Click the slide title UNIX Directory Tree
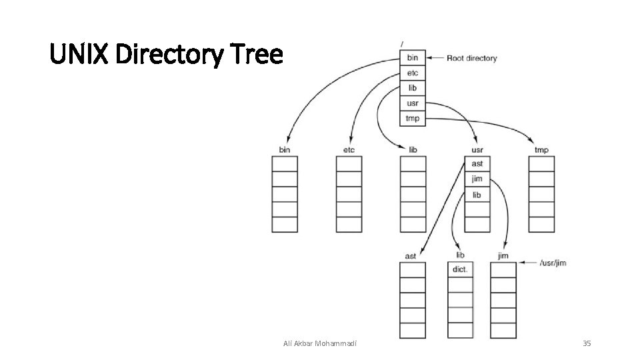click(x=167, y=54)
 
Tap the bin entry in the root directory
click(x=412, y=58)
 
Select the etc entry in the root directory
click(x=412, y=73)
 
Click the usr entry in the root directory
click(x=412, y=103)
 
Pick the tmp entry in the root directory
click(x=412, y=119)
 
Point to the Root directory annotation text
click(x=471, y=58)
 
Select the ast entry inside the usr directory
click(x=477, y=164)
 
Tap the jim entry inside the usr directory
click(x=477, y=179)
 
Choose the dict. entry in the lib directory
click(x=459, y=270)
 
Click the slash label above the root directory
click(x=401, y=43)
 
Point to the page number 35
click(x=587, y=343)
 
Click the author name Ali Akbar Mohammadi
click(x=320, y=343)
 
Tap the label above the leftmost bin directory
click(x=285, y=150)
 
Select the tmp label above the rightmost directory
click(x=541, y=150)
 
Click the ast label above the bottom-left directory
click(x=411, y=256)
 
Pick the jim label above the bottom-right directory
click(x=503, y=256)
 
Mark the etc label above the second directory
click(x=349, y=150)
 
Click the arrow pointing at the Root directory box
click(x=435, y=58)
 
